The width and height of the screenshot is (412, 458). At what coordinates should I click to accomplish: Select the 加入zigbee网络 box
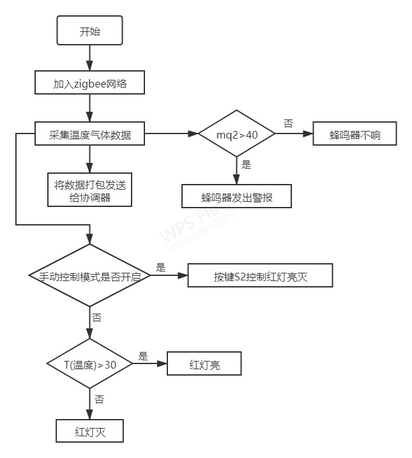pos(90,84)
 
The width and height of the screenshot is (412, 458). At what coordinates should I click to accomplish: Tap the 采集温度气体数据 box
pos(89,135)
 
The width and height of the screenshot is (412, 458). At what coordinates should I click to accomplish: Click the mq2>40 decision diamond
pos(237,135)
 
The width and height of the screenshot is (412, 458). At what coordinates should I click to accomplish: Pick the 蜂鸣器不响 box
pos(354,135)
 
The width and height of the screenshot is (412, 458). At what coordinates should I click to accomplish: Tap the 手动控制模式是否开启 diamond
pos(89,276)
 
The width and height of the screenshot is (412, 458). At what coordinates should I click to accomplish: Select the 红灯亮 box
pos(204,364)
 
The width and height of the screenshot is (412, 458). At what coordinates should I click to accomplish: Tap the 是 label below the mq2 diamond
pos(247,165)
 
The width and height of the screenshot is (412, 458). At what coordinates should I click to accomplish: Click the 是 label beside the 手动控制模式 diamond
pos(161,267)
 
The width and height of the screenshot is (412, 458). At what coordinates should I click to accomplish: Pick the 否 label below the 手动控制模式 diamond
pos(96,317)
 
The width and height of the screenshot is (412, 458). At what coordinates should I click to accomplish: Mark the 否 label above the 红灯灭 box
pos(99,399)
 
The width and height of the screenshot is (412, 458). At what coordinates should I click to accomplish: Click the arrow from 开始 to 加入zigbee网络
pos(89,58)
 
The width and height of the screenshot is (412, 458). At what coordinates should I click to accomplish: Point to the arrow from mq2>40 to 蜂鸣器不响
pos(294,135)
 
